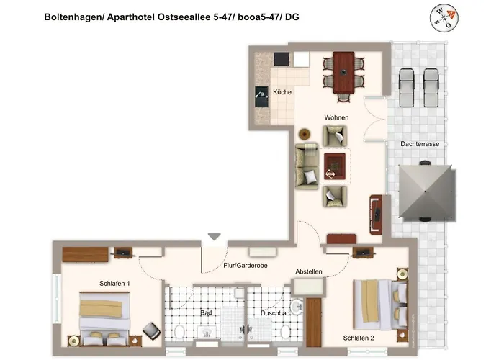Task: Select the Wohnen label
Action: coord(336,117)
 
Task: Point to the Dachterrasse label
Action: coord(420,144)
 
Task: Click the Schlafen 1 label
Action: coord(114,283)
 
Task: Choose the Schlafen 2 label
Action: coord(359,337)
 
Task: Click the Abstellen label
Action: coord(308,271)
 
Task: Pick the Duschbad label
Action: coord(274,314)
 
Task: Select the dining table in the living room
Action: coord(343,72)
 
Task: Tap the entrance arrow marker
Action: coord(213,235)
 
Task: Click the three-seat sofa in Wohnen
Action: coord(306,166)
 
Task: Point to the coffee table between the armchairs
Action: coord(334,166)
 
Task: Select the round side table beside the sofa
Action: coord(305,133)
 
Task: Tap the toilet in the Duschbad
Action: coord(285,332)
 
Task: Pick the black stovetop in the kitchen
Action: coord(261,96)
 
